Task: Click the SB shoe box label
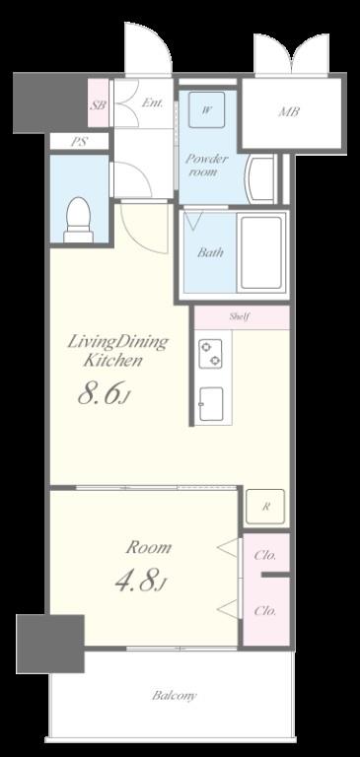(98, 104)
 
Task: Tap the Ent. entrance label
(152, 103)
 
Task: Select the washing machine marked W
(206, 110)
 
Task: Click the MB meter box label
(289, 112)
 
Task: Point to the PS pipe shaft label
(79, 142)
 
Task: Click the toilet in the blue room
(78, 220)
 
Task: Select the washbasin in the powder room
(261, 179)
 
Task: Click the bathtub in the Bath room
(261, 253)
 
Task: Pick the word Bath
(210, 252)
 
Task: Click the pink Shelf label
(240, 317)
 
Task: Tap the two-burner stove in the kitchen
(210, 354)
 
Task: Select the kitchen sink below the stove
(211, 404)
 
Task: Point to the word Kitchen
(113, 361)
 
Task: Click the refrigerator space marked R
(265, 507)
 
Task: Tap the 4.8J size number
(141, 582)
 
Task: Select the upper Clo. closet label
(265, 555)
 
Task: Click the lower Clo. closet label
(265, 611)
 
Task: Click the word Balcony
(175, 696)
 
